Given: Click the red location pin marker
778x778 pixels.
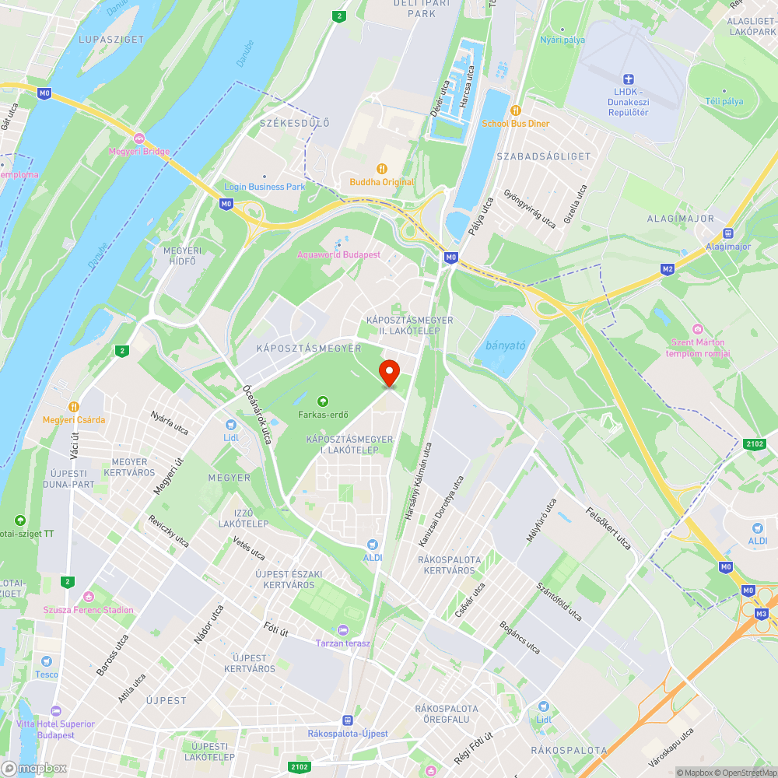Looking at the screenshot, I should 388,373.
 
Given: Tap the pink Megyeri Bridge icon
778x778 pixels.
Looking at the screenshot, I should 139,138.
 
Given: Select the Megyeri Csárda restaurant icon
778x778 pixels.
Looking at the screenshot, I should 74,406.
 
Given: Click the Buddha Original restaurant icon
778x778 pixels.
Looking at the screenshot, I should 382,168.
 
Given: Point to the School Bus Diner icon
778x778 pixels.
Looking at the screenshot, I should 515,110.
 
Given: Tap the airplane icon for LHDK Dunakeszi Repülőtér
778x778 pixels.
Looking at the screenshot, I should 629,79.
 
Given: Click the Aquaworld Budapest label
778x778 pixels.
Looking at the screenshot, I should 338,254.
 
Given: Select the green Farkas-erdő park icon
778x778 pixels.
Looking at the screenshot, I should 323,401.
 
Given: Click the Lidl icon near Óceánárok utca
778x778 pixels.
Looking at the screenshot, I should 231,425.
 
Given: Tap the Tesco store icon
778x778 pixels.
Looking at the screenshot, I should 46,661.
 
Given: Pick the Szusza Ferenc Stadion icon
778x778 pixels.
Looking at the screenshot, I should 89,597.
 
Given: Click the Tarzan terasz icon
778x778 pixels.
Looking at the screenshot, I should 344,629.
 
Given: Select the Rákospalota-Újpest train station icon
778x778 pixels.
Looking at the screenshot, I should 348,720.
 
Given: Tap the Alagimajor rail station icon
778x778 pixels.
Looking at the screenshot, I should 728,233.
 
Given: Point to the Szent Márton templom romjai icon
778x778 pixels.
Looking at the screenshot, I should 696,329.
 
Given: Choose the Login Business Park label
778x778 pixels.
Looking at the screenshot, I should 265,187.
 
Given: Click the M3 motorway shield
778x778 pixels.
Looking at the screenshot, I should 762,615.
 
